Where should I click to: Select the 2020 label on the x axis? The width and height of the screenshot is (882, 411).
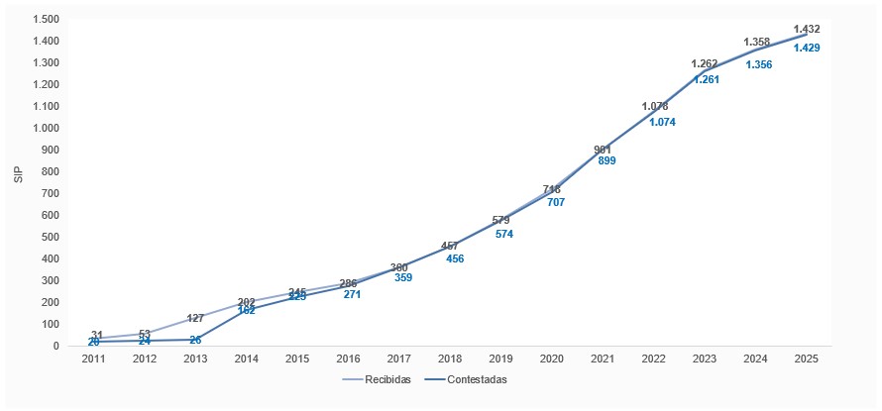point(551,359)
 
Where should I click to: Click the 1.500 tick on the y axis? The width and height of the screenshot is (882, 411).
point(44,20)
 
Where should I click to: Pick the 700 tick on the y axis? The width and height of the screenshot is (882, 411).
point(49,193)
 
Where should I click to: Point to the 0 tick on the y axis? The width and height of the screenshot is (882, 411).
point(56,346)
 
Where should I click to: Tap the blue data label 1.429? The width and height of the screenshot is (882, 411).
point(806,49)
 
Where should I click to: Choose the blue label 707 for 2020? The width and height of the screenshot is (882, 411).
point(556,202)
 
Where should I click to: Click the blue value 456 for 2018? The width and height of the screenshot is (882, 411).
point(454,259)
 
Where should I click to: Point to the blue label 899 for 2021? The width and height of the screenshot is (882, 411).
point(606,160)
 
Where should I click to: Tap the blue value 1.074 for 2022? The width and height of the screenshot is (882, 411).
point(661,123)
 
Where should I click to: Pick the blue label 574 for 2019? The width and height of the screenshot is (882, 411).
point(504,235)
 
